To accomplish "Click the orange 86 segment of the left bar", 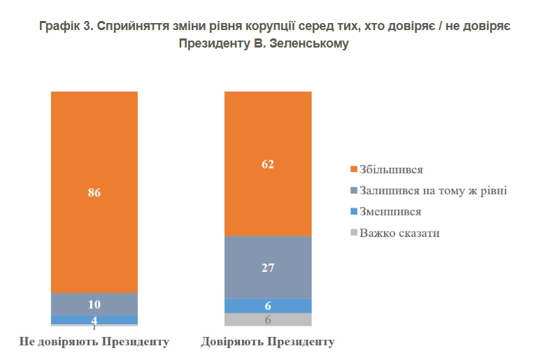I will [94, 161].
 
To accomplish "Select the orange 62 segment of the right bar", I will [268, 133].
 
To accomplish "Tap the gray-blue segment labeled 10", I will [94, 304].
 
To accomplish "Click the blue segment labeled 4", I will [94, 320].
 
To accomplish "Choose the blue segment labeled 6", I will [268, 305].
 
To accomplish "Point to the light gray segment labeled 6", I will [268, 319].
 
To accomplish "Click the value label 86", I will [94, 193].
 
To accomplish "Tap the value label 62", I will [268, 165].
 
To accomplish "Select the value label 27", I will [268, 267].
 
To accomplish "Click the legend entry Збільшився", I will [391, 169].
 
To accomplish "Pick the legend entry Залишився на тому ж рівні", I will [432, 190].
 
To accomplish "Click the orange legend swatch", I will [354, 169].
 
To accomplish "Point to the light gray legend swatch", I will [354, 232].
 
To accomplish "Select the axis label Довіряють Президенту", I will [268, 342].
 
